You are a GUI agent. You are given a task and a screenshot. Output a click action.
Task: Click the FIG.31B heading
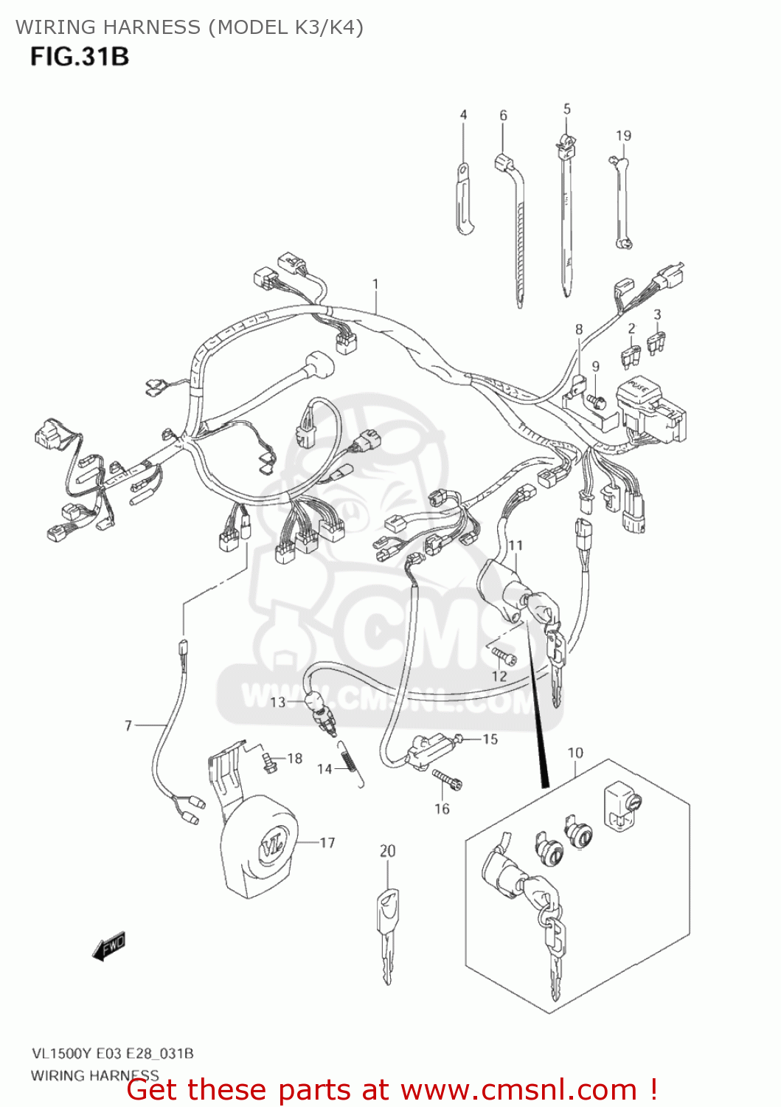tap(80, 57)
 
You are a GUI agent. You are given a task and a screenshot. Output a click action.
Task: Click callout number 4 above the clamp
tap(463, 115)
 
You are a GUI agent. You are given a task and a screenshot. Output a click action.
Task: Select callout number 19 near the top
tap(623, 136)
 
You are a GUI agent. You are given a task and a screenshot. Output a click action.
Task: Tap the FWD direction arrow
tap(109, 946)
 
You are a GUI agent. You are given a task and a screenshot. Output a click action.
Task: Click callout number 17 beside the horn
tap(327, 843)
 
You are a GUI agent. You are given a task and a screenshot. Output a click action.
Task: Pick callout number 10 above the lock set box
tap(575, 753)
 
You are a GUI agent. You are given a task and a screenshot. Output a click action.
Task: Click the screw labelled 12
tap(504, 654)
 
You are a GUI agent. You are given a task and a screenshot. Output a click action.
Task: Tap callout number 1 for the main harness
tap(375, 284)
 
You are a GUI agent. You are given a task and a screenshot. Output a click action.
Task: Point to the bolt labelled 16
tap(445, 778)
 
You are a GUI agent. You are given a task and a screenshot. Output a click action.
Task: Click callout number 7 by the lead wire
tap(128, 725)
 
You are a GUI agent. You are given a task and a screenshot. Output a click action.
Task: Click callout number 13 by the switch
tap(277, 702)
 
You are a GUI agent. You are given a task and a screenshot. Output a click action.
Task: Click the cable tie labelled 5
tap(566, 214)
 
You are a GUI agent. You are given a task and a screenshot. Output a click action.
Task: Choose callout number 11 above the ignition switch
tap(516, 545)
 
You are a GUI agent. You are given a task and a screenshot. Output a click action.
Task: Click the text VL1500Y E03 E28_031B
tap(112, 1053)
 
